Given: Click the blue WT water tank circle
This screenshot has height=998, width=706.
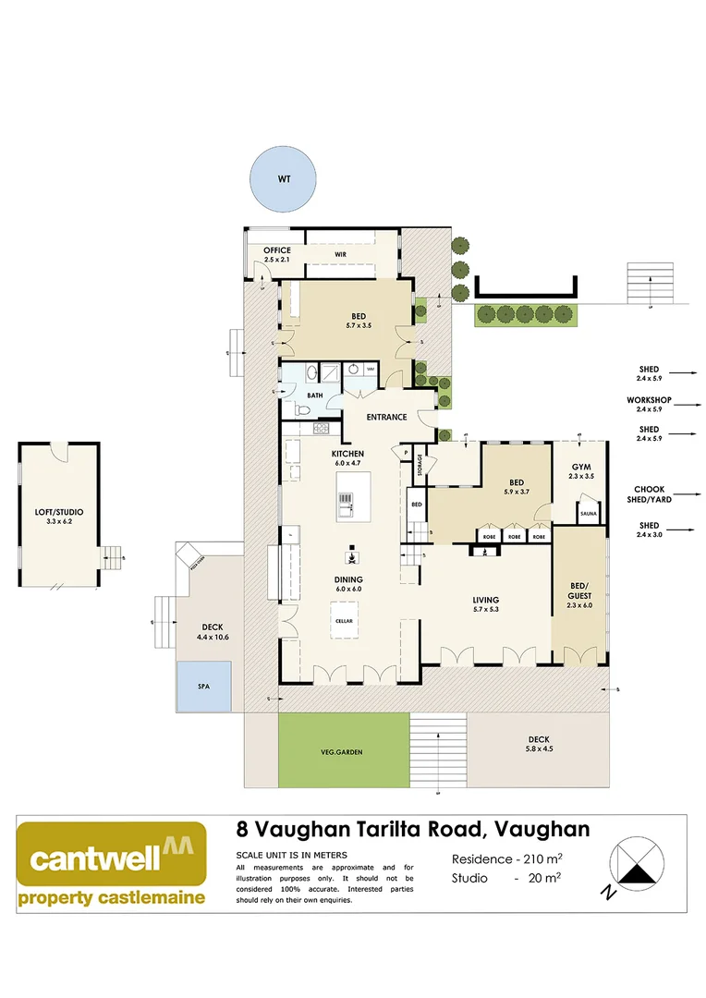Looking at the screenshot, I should point(284,178).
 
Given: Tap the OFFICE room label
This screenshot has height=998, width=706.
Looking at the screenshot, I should point(277,250).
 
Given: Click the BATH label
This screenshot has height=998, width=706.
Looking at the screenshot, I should point(315,395).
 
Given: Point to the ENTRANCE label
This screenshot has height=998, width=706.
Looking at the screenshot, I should point(386,417).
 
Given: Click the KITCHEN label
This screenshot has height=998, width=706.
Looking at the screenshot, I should point(347,454).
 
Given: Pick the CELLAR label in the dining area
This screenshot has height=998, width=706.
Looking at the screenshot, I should point(345,620).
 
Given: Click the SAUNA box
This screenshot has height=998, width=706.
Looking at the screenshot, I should point(589,511).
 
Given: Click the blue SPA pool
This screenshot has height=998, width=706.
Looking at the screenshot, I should point(203,688).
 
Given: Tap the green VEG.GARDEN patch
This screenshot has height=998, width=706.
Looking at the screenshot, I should point(343,751).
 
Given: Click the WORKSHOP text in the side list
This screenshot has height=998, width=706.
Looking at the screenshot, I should point(648,401).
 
